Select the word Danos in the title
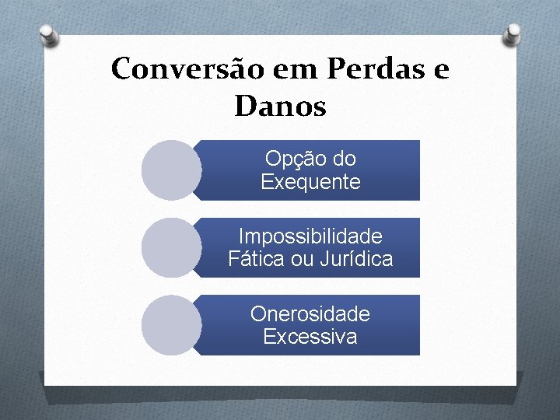280,107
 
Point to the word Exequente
310,183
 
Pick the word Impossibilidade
310,236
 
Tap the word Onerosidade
310,314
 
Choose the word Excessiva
310,338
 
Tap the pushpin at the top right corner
513,34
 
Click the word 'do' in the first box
343,159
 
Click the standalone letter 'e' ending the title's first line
440,70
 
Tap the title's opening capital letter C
121,69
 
